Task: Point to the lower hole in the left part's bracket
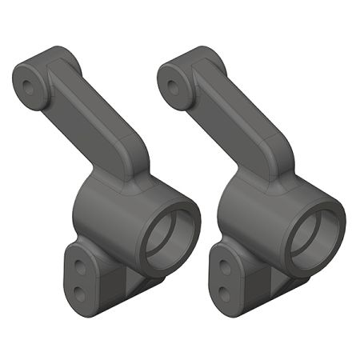point(81,289)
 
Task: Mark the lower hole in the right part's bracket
point(226,289)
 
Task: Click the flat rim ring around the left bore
point(193,216)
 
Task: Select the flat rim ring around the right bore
point(337,216)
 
